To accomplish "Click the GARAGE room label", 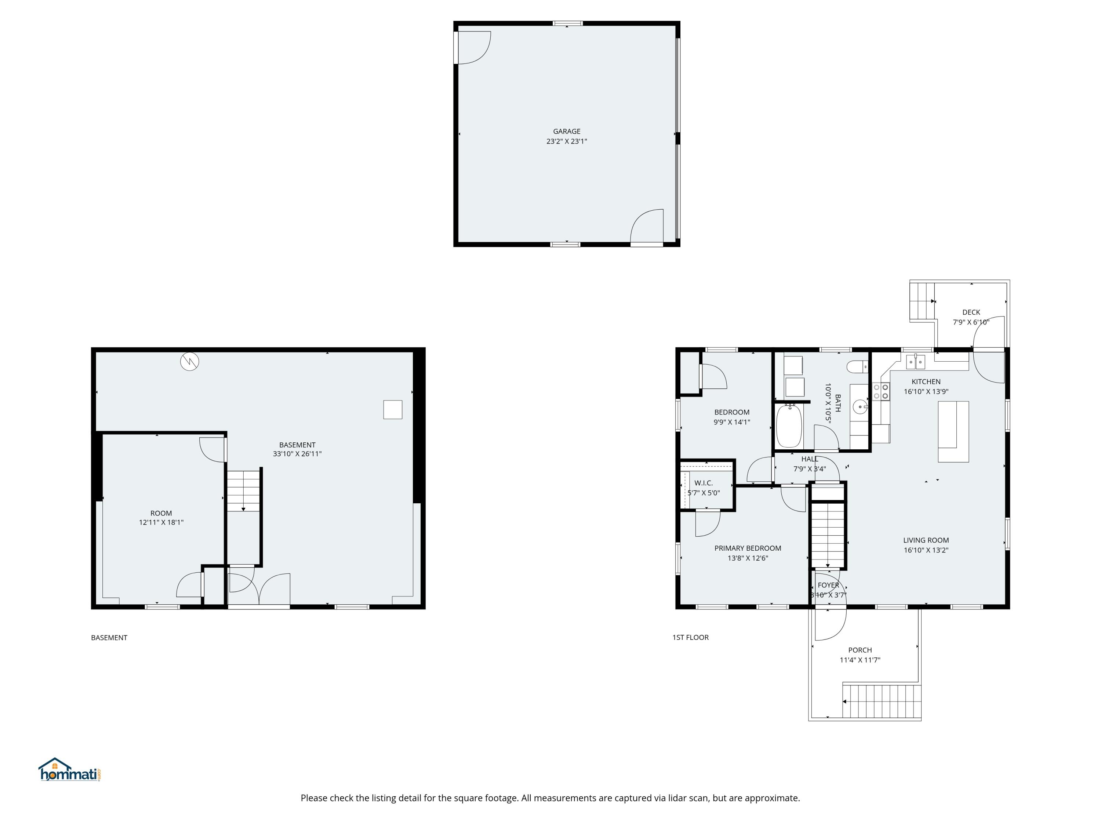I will [566, 131].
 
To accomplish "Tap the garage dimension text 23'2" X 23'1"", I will [566, 141].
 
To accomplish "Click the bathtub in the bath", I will [789, 426].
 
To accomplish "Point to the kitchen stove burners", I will [881, 391].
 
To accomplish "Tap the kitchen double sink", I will [915, 362].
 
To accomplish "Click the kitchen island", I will [953, 431].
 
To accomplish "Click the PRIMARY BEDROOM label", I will [748, 548].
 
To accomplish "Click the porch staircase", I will [882, 701].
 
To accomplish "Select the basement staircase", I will [243, 490].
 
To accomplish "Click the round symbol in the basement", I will [190, 362].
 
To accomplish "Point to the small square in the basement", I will [393, 409].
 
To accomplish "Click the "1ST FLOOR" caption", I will [690, 637].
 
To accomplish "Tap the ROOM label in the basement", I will [161, 513].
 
